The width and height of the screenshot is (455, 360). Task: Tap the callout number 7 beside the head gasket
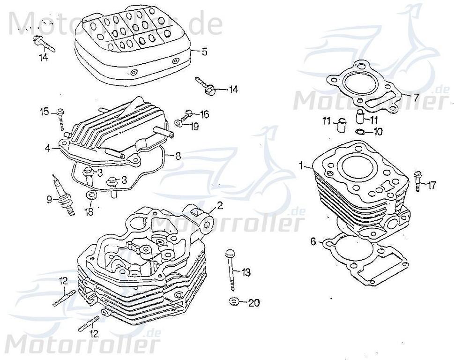(415, 97)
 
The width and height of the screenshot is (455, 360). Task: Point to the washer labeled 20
(233, 300)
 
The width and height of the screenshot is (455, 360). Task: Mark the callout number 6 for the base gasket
(313, 242)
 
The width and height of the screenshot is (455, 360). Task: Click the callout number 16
(204, 114)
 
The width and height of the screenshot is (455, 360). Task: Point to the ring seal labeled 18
(90, 195)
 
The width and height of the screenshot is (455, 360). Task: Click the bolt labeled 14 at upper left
(44, 45)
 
